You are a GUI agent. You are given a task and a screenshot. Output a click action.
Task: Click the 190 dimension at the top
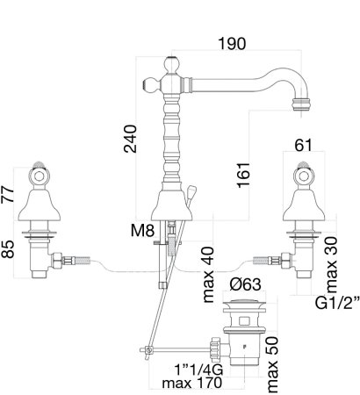point(232,44)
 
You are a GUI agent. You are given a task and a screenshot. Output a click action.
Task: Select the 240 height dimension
point(130,139)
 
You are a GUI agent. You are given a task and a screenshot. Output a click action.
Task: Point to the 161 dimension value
point(243,176)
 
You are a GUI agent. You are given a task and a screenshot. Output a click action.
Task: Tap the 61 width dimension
point(304,146)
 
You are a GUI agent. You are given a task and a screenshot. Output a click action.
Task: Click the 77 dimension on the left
point(8,194)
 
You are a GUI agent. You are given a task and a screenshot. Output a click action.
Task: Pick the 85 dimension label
point(8,249)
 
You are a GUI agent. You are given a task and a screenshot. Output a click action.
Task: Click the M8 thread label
point(142,231)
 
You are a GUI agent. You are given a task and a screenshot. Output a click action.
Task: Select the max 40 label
point(208,275)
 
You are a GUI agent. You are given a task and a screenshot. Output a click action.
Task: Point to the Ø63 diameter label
point(245,284)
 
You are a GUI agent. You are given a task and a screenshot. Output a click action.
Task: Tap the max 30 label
point(332,265)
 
